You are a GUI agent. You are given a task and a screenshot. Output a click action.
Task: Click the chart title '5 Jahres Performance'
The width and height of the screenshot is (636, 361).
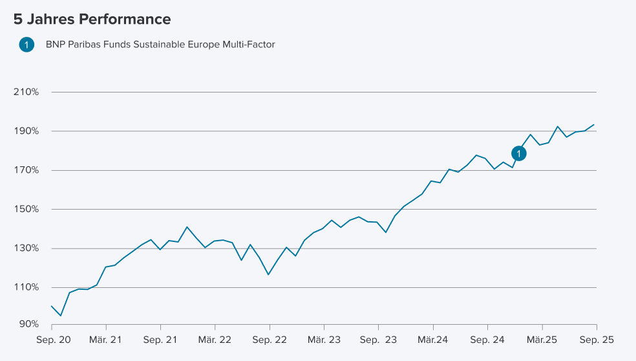pos(92,19)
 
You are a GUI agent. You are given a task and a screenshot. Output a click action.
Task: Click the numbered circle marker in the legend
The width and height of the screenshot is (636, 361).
pos(26,45)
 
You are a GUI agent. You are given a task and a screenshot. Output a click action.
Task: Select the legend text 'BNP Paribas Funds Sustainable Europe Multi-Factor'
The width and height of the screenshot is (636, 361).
pos(160,45)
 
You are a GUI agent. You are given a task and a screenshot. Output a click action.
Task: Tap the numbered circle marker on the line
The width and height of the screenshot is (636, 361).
pos(519,153)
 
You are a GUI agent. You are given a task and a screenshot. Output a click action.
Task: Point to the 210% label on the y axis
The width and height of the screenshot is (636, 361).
pos(26,92)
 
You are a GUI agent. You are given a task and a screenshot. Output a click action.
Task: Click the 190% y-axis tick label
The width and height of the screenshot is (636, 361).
pos(26,131)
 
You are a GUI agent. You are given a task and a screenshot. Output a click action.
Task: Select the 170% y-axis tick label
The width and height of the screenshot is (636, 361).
pos(26,170)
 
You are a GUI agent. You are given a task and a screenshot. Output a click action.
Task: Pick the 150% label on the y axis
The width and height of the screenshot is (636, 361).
pos(26,210)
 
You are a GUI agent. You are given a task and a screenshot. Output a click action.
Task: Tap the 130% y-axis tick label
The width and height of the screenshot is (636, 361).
pos(26,248)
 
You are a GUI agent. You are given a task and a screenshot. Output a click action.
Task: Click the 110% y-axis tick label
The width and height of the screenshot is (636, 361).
pos(26,287)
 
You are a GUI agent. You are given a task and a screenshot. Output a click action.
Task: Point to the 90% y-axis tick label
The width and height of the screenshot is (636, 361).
pos(29,323)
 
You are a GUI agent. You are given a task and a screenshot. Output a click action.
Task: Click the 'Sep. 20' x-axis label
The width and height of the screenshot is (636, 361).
pos(52,340)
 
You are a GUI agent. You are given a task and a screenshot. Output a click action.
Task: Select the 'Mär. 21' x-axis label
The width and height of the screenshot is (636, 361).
pos(106,340)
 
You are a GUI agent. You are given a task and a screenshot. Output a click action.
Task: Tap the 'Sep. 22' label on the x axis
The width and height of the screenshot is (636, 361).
pos(270,340)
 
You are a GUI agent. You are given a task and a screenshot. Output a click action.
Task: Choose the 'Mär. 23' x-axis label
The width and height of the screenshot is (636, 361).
pos(324,340)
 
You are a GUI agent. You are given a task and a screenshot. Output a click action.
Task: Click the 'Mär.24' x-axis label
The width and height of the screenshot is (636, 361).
pos(433,340)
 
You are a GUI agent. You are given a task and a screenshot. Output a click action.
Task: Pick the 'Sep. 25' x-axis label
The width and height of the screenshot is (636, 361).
pos(596,340)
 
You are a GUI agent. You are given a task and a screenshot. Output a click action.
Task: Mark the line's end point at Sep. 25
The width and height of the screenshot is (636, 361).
pos(595,125)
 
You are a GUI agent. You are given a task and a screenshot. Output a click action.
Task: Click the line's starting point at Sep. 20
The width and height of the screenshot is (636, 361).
pos(52,306)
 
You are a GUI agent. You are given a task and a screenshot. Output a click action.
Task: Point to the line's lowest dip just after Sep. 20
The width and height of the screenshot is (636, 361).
pos(61,316)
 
